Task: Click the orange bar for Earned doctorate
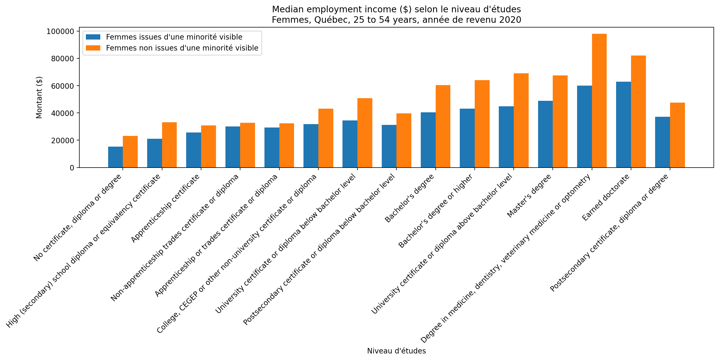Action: point(638,112)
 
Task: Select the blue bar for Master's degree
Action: point(545,134)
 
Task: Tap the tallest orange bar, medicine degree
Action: point(599,101)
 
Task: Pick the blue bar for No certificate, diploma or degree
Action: point(115,157)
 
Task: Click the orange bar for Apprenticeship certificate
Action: point(208,147)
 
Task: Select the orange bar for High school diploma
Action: point(169,145)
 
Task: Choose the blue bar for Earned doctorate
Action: point(623,125)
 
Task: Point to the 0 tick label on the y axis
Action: point(72,168)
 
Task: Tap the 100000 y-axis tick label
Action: point(60,31)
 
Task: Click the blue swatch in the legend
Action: point(93,37)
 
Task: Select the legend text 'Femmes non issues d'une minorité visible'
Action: point(182,48)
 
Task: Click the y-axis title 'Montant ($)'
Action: point(39,97)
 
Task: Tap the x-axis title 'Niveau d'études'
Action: point(396,351)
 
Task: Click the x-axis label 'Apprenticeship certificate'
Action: point(165,208)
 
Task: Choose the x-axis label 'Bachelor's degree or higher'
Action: point(435,211)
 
